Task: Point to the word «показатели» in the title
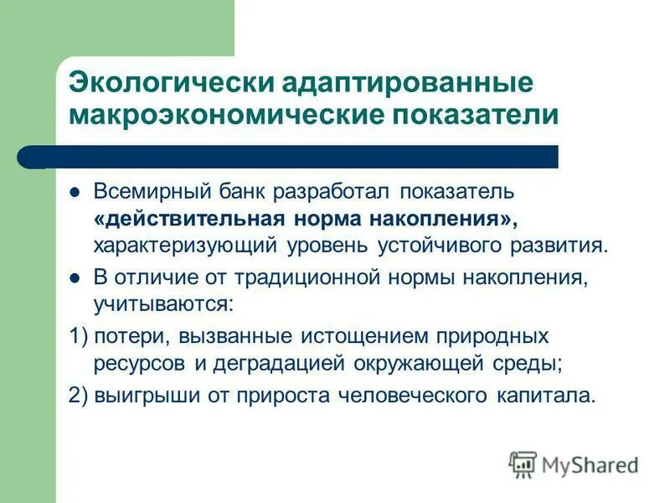coord(475,113)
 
